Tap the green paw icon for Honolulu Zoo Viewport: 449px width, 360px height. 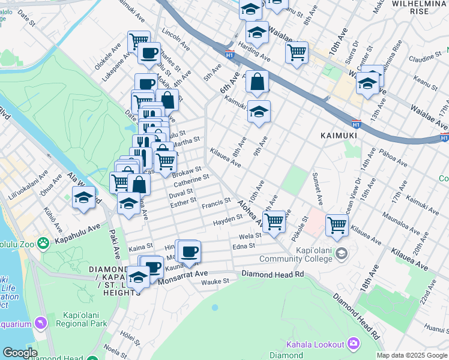click(43, 243)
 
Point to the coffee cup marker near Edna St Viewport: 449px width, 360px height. click(189, 253)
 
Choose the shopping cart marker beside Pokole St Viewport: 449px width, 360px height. click(337, 225)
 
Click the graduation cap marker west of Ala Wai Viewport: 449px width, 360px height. click(84, 197)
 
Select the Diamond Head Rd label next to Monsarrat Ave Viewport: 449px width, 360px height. click(273, 274)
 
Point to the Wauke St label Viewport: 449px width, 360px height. click(215, 281)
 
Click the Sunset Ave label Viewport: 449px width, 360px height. click(316, 185)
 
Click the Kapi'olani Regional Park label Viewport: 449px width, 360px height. click(85, 319)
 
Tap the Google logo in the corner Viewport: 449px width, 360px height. click(20, 352)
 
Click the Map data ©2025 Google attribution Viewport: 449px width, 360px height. click(412, 355)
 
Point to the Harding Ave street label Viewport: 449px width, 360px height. click(255, 50)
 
